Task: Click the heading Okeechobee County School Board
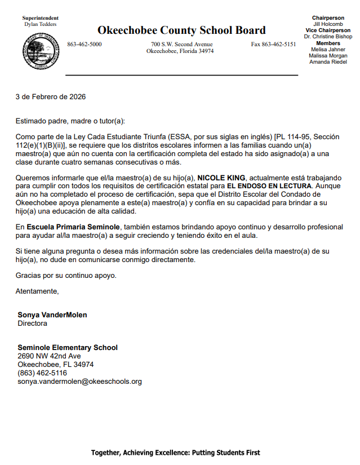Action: click(181, 30)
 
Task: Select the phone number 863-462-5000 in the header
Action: click(85, 44)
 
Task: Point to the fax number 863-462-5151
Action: click(273, 44)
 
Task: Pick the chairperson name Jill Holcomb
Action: click(328, 24)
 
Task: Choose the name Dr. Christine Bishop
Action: click(328, 37)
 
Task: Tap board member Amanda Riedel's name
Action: click(328, 61)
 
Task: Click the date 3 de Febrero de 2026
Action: click(51, 96)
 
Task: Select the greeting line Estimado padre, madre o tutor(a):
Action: click(70, 121)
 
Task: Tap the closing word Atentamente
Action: click(37, 291)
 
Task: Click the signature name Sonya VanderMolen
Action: click(52, 315)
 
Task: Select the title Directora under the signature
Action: click(33, 324)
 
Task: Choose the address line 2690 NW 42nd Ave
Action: click(49, 356)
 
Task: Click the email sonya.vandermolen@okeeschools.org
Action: click(79, 382)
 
